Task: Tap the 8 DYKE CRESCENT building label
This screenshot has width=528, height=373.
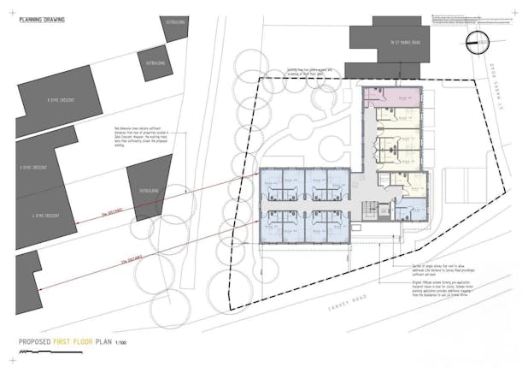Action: pos(61,100)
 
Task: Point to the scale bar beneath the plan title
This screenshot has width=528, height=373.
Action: pos(68,351)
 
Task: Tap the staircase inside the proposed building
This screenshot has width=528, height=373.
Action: pos(370,209)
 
